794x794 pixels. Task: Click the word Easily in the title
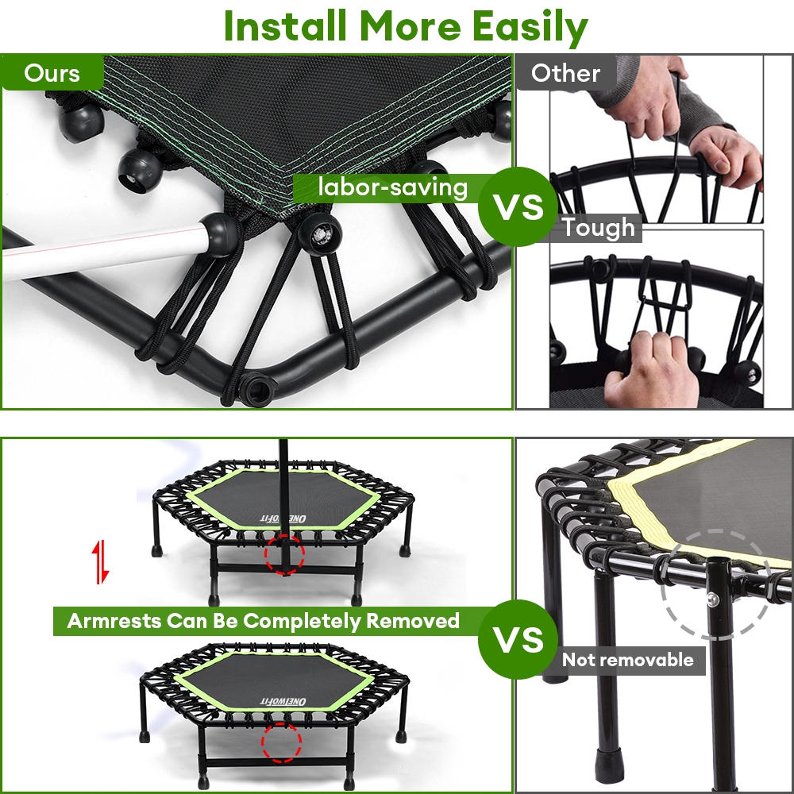point(530,26)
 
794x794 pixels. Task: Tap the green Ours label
point(52,73)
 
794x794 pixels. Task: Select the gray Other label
point(565,73)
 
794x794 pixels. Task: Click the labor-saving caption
point(392,188)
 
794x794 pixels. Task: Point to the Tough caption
point(598,227)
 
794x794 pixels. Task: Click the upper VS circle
point(518,206)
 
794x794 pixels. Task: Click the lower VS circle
point(518,639)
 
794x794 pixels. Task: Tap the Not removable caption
point(628,660)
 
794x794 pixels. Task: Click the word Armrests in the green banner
point(114,621)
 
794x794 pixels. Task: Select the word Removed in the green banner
point(412,621)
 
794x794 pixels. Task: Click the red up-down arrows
point(100,561)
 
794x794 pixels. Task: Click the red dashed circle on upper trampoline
point(284,554)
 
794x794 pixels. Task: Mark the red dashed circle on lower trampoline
point(282,742)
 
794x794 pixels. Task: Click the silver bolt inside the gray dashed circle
point(712,599)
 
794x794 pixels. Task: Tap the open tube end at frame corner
point(256,390)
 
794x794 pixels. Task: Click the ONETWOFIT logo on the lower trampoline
point(283,701)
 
